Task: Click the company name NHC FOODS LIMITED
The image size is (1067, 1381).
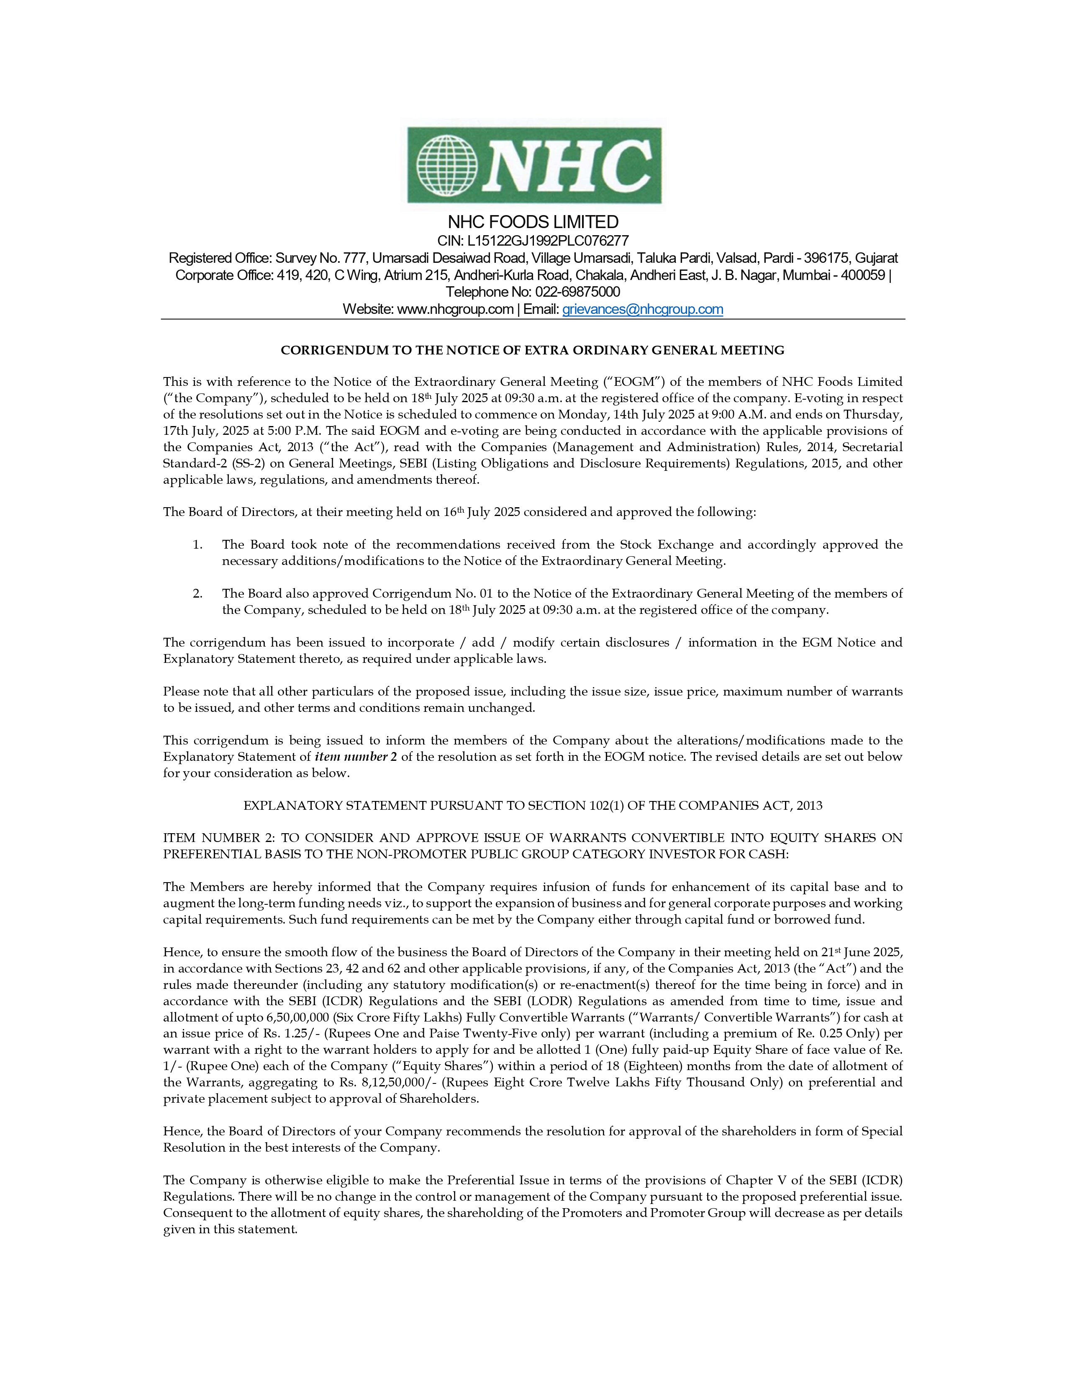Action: click(x=533, y=222)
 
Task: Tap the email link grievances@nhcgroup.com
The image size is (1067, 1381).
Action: click(x=642, y=309)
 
